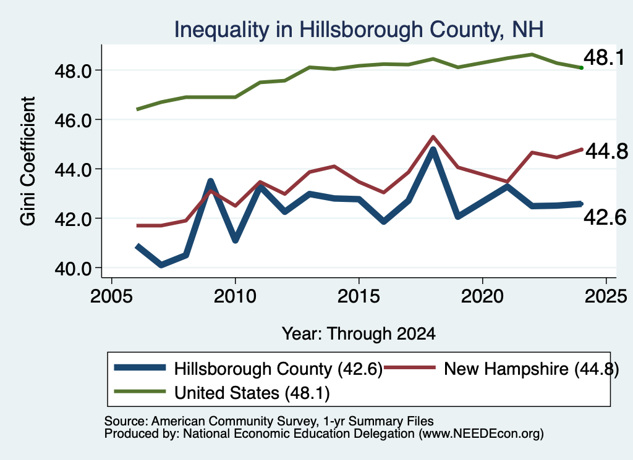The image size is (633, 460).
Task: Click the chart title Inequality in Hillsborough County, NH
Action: pos(359,30)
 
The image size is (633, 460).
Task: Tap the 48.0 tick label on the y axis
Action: pos(73,72)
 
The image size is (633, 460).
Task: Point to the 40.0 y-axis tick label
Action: pos(73,269)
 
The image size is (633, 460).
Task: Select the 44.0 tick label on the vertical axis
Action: pos(73,170)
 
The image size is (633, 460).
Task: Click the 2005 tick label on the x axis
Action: pos(111,296)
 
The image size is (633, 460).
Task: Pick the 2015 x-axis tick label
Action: pos(359,296)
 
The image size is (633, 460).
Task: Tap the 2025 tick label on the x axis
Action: pos(606,296)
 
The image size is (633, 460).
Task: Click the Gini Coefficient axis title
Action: pos(28,161)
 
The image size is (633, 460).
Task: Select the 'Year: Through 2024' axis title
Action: pos(359,334)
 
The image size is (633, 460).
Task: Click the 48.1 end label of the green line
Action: pos(605,57)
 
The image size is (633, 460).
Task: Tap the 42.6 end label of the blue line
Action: pos(605,218)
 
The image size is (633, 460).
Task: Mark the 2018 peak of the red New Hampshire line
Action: pos(433,136)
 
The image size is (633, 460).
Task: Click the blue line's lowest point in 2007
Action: pos(161,265)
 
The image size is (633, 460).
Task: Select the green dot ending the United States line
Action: pos(581,68)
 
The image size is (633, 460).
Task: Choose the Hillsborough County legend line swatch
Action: pos(140,367)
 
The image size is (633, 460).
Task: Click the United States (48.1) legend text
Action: pos(252,393)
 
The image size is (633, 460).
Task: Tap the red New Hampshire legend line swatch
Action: pos(410,367)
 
